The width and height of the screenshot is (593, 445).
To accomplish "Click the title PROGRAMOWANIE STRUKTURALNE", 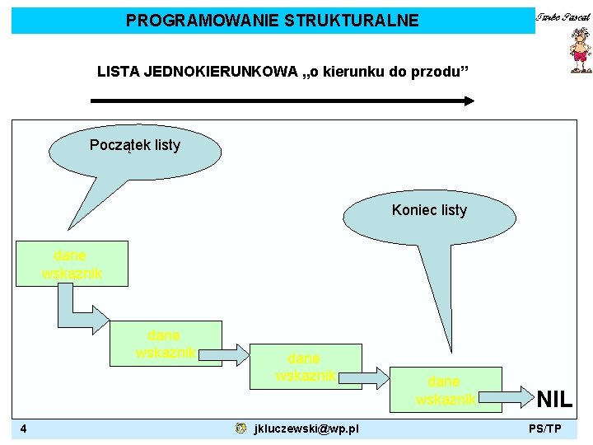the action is pyautogui.click(x=272, y=21).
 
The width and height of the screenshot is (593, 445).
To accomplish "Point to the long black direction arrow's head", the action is pyautogui.click(x=469, y=101).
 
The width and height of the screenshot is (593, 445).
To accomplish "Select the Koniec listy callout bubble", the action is pyautogui.click(x=429, y=210).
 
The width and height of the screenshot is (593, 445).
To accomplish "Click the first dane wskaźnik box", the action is pyautogui.click(x=72, y=264).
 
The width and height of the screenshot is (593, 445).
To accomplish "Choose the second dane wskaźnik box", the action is pyautogui.click(x=167, y=343).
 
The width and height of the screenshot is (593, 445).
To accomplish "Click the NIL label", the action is pyautogui.click(x=554, y=400).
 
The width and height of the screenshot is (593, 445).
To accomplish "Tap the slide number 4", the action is pyautogui.click(x=25, y=429).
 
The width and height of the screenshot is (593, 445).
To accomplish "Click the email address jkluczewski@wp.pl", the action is pyautogui.click(x=306, y=429).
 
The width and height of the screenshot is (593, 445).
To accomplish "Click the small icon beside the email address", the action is pyautogui.click(x=239, y=429).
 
